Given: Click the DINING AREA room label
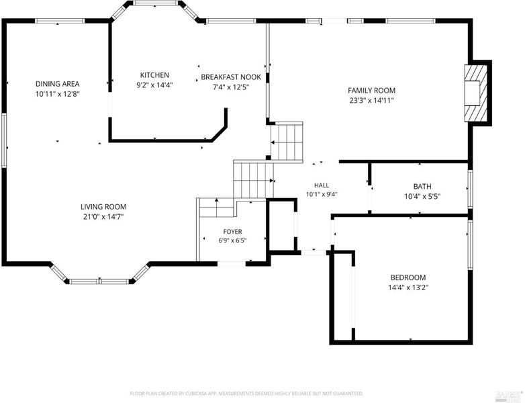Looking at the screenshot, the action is point(58,84).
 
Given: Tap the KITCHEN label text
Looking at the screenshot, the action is point(154,75).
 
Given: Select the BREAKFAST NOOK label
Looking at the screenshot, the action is point(231,77).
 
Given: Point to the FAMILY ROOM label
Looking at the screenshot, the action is point(372,91).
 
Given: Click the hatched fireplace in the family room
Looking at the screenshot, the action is point(475,93).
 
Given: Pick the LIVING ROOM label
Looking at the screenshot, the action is point(103,207).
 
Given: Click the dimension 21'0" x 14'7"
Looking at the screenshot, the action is point(103,217).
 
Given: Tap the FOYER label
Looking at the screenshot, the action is point(233,232).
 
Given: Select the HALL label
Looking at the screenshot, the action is point(322,185).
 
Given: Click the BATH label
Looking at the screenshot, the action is point(422,186).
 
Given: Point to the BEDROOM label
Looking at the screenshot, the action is point(408,277).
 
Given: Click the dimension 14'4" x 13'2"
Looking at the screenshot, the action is point(408,287).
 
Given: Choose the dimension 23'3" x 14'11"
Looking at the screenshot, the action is point(372,100).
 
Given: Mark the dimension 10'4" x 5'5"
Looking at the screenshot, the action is point(422,196).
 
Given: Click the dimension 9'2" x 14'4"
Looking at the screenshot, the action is point(154,85).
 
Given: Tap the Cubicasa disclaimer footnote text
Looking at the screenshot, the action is point(246,394).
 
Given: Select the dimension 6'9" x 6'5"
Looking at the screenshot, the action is point(233,240).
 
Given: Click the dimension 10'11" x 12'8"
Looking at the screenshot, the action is point(58,94).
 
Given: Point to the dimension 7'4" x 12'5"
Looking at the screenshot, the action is point(231,87).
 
